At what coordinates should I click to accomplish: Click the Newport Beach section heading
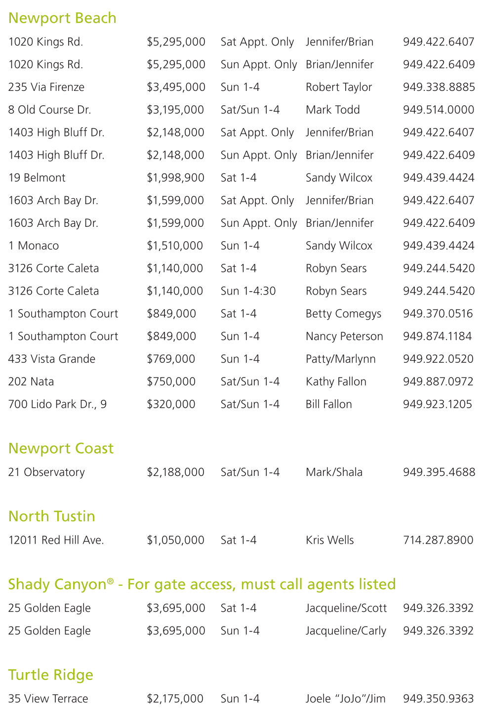[62, 18]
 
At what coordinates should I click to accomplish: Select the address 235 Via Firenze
[46, 87]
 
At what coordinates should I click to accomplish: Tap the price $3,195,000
[175, 110]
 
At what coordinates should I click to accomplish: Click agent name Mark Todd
[332, 110]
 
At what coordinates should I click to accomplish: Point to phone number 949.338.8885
[439, 87]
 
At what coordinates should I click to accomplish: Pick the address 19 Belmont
[37, 178]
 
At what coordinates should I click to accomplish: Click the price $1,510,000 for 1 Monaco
[175, 246]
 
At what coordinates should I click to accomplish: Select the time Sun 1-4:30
[248, 291]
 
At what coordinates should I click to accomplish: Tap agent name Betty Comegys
[343, 314]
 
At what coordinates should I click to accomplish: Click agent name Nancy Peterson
[344, 337]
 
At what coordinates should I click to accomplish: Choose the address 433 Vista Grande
[52, 359]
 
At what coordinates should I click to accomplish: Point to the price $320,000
[171, 404]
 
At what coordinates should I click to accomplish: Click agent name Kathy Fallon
[336, 382]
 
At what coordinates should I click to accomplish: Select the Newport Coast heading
[61, 448]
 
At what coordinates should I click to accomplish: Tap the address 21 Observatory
[46, 472]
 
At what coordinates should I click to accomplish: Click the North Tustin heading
[52, 516]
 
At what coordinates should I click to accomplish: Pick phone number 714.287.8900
[438, 540]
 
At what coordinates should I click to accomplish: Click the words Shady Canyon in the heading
[57, 585]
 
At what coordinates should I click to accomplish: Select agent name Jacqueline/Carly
[346, 631]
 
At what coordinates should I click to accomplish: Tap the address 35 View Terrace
[48, 699]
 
